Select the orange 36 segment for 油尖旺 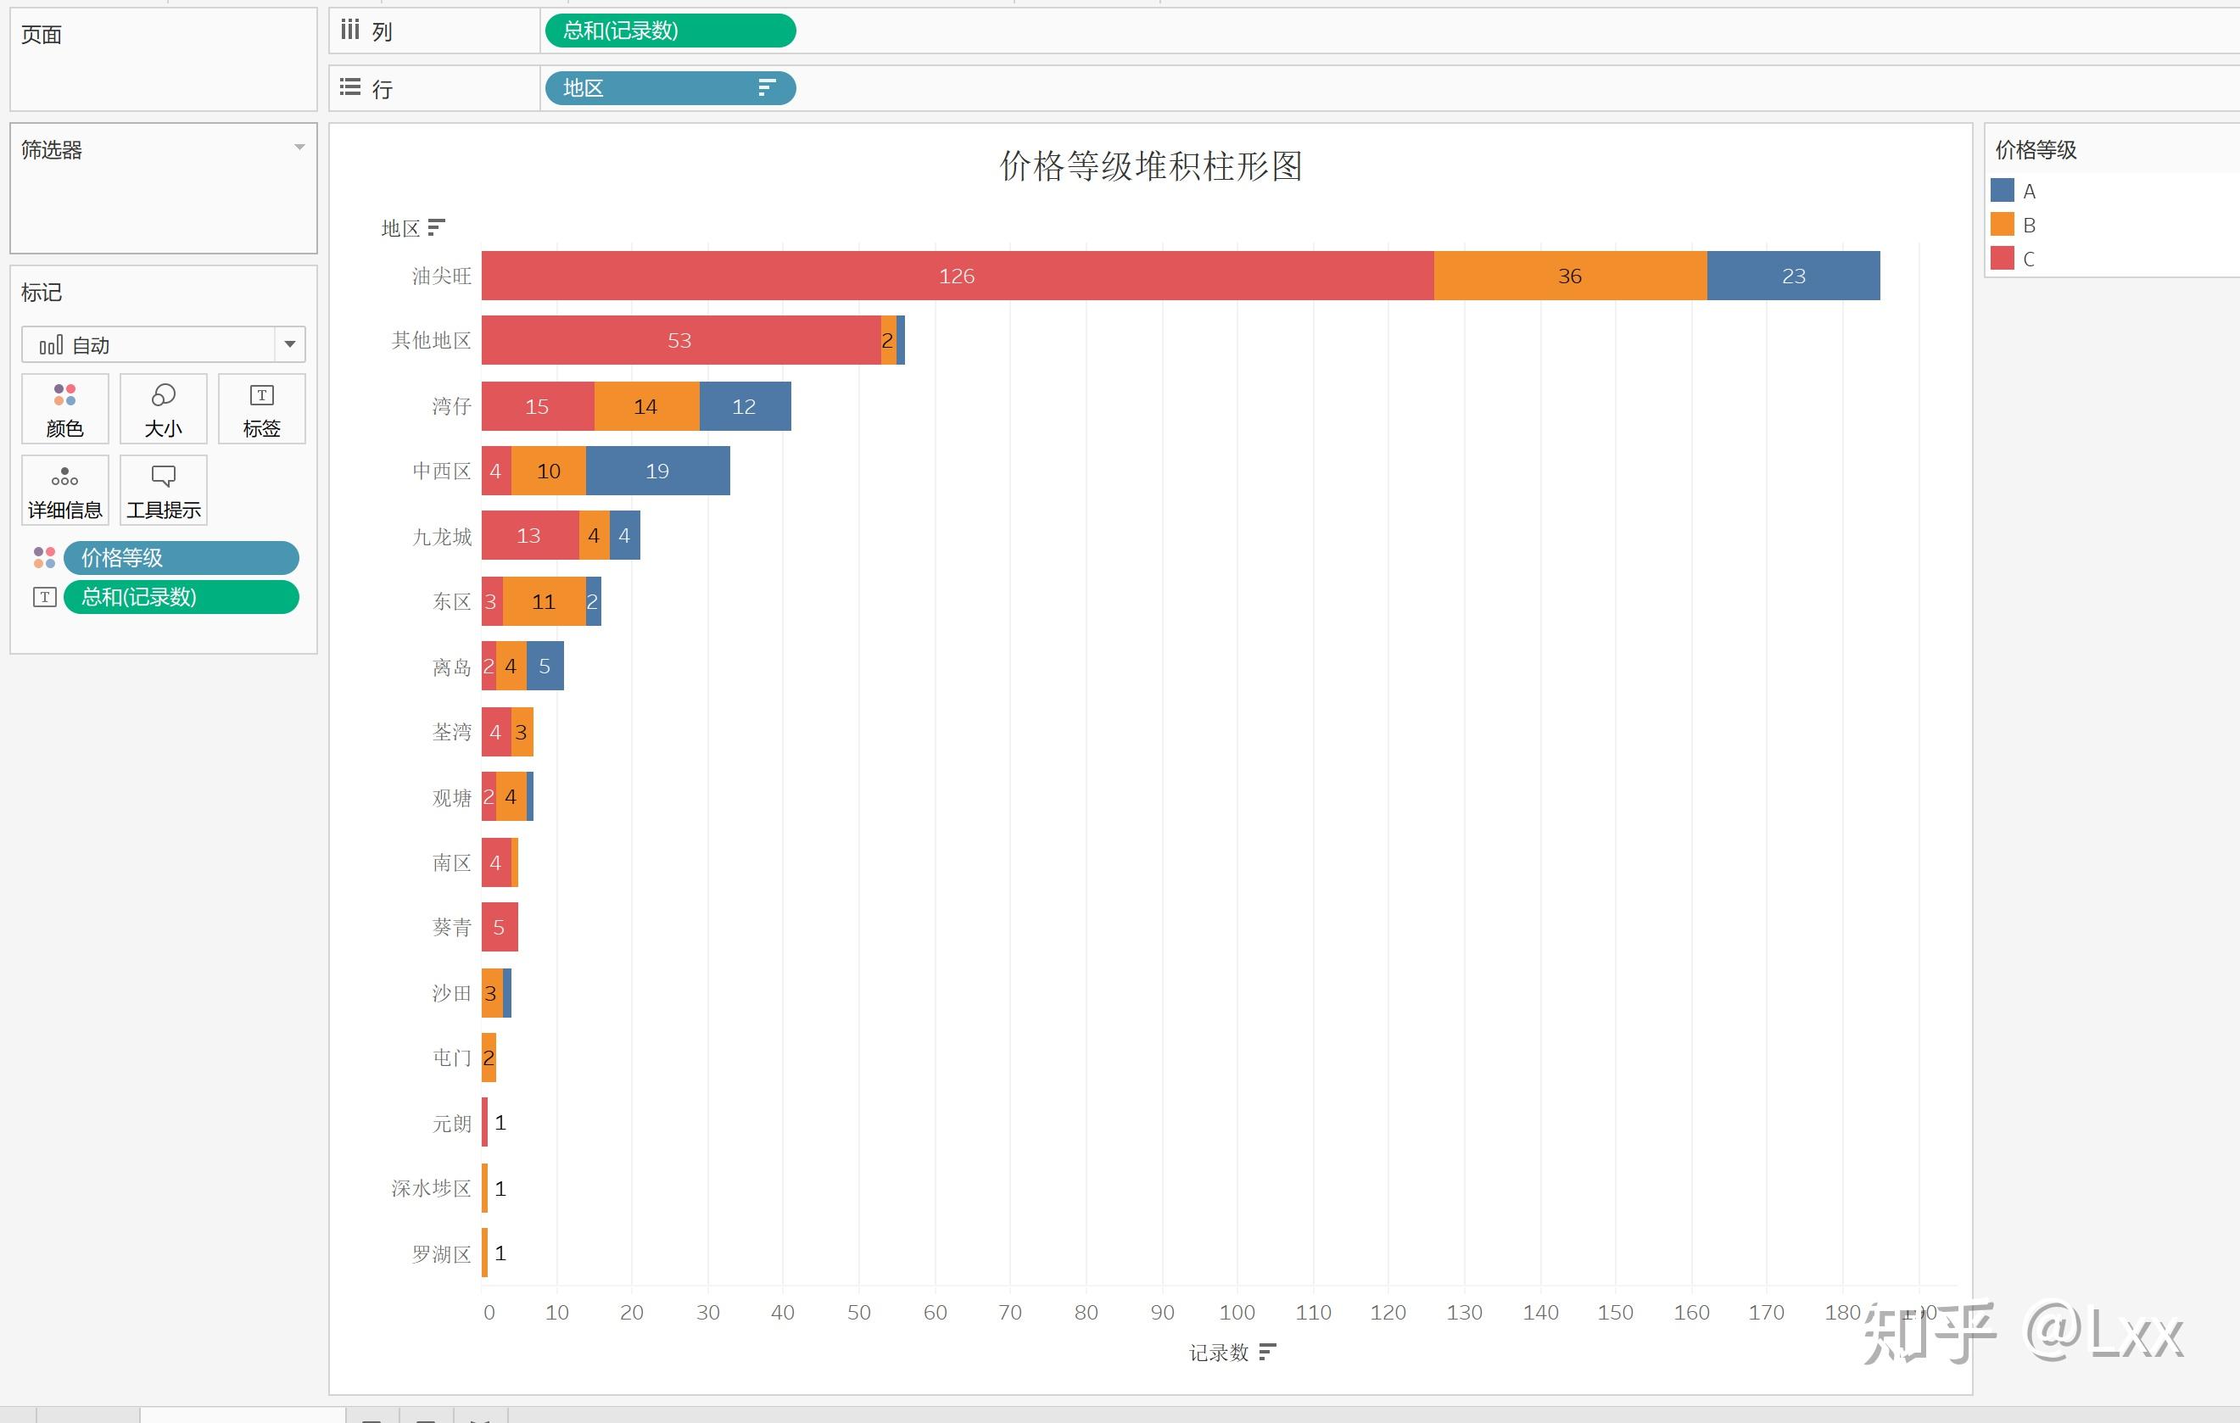pos(1569,276)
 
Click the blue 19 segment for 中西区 pos(656,471)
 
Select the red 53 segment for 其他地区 pos(679,340)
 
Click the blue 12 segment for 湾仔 pos(744,406)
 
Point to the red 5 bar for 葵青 pos(499,927)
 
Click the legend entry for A pos(2028,192)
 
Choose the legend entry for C pos(2028,259)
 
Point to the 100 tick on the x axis pos(1237,1312)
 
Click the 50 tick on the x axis pos(858,1312)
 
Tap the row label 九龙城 pos(442,537)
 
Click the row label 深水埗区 pos(431,1189)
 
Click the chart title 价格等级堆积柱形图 pos(1150,166)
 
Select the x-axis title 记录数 pos(1219,1353)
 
